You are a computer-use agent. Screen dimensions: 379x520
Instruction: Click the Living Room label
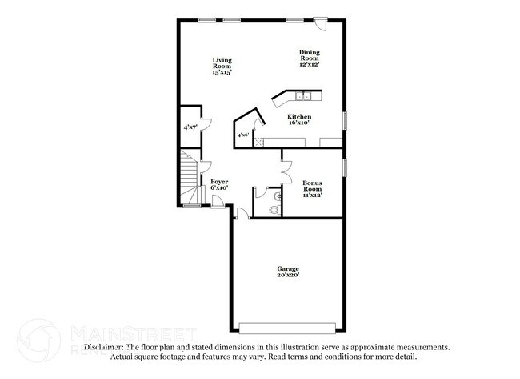[x=222, y=66]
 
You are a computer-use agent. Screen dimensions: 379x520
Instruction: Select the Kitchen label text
[x=299, y=120]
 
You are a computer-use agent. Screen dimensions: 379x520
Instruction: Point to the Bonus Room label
[x=313, y=189]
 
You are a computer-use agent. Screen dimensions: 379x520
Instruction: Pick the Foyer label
[x=219, y=184]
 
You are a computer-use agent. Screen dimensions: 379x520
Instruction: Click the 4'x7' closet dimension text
[x=190, y=127]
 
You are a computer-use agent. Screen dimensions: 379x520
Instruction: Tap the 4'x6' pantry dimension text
[x=242, y=135]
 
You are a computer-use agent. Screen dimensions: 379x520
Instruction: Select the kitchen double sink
[x=304, y=97]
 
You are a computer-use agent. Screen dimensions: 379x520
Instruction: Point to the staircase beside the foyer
[x=189, y=180]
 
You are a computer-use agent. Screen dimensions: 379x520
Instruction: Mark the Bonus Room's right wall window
[x=345, y=169]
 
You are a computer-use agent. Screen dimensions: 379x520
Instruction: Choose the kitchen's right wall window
[x=345, y=119]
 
